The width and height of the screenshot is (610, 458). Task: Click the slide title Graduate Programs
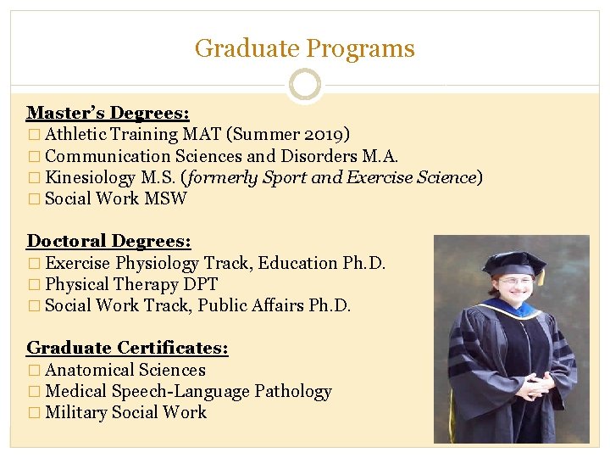coord(304,48)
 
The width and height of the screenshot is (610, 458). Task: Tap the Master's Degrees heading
coord(108,113)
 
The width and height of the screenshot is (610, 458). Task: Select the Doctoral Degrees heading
coord(108,242)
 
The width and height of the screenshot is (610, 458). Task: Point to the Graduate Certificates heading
coord(127,348)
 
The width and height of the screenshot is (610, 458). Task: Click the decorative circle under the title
coord(304,86)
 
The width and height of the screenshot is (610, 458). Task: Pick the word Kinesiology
coord(90,177)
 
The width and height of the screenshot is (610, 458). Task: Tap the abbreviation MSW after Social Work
coord(166,198)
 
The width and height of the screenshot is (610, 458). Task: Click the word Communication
coord(108,156)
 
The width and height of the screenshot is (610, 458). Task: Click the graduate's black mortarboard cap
coord(513,263)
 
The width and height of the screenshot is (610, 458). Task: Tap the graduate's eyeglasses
coord(514,281)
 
